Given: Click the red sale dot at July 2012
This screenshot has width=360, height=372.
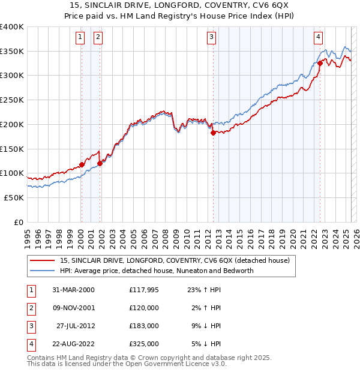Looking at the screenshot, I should (x=213, y=133).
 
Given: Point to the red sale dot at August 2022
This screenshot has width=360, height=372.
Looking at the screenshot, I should (x=320, y=63).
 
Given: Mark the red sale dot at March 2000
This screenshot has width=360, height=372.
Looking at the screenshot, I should (x=82, y=164).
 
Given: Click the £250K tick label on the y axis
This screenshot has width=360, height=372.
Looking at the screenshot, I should (x=11, y=100).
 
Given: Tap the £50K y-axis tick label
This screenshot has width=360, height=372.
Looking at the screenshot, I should (x=14, y=197).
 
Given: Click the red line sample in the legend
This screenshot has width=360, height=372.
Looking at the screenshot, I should (x=43, y=260).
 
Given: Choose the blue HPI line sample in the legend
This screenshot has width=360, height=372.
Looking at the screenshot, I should (x=43, y=271).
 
